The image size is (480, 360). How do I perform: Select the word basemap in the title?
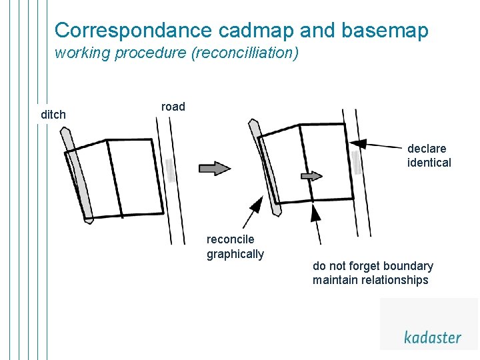pyautogui.click(x=385, y=31)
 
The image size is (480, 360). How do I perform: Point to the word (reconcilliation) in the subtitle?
pyautogui.click(x=245, y=53)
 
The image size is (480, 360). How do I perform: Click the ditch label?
pyautogui.click(x=53, y=115)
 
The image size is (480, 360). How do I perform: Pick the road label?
pyautogui.click(x=173, y=107)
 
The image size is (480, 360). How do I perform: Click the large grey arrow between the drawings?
pyautogui.click(x=214, y=168)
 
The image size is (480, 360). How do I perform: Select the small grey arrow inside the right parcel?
pyautogui.click(x=311, y=176)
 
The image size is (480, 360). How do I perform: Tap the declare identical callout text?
pyautogui.click(x=429, y=155)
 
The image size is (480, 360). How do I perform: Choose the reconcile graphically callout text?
pyautogui.click(x=235, y=247)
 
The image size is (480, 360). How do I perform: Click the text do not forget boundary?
pyautogui.click(x=373, y=266)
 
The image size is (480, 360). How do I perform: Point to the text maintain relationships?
pyautogui.click(x=370, y=280)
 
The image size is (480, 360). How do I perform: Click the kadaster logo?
pyautogui.click(x=432, y=337)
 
